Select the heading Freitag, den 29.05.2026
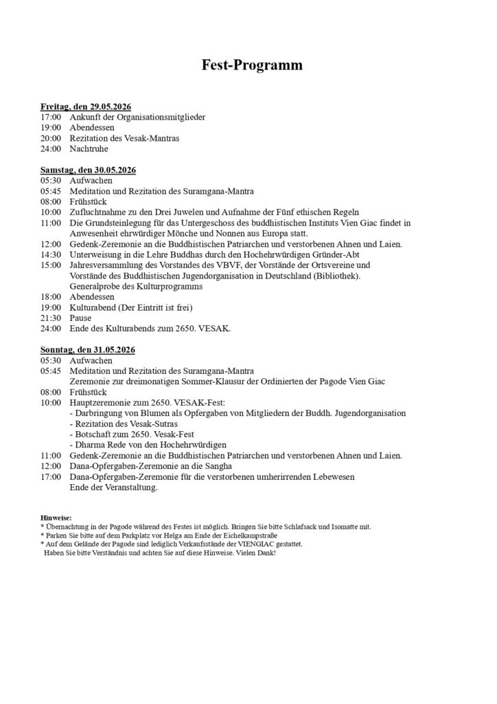[x=86, y=107]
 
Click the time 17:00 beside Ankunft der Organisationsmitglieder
[x=51, y=118]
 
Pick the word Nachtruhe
[x=89, y=148]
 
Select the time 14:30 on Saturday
[x=51, y=254]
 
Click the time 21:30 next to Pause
[x=51, y=318]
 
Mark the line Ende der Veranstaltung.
[x=114, y=487]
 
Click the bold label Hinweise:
[x=56, y=518]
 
